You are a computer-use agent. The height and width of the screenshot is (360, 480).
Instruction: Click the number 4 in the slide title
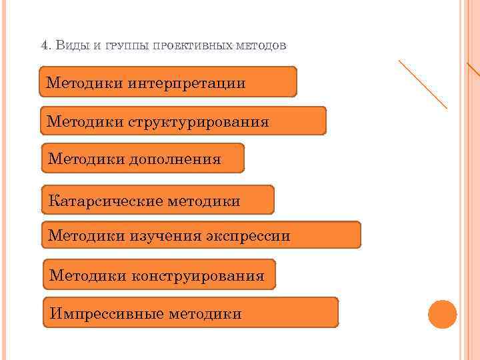44,45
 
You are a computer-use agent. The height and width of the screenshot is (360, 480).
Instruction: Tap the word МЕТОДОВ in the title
262,46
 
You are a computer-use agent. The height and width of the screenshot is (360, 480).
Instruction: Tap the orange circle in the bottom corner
442,314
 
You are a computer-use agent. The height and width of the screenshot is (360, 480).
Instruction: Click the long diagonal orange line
423,84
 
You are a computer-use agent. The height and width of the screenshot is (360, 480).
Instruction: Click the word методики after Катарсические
203,200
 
